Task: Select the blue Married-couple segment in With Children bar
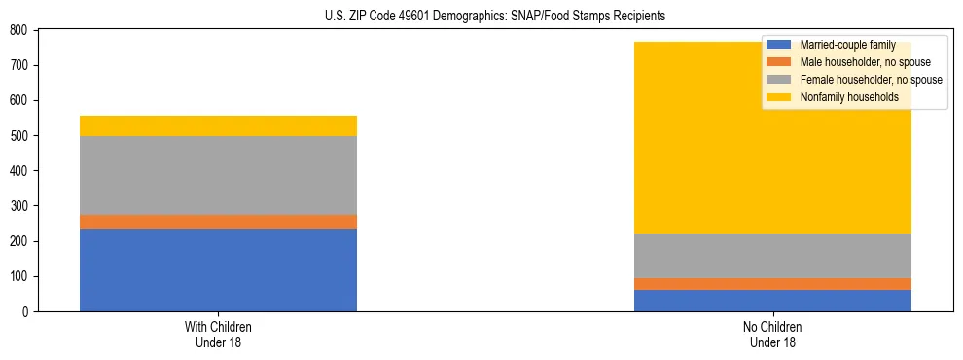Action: [x=218, y=270]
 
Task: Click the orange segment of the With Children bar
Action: [x=218, y=222]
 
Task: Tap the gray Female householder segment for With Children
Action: [x=218, y=175]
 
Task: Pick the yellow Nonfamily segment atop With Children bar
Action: [x=218, y=126]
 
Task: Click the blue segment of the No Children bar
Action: [x=772, y=301]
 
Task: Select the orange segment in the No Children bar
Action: [x=772, y=284]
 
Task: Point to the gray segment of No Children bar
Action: [x=772, y=256]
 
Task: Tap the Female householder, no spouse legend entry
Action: [x=870, y=80]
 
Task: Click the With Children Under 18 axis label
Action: [x=218, y=334]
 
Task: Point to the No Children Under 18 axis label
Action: [x=772, y=334]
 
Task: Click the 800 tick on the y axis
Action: [x=18, y=30]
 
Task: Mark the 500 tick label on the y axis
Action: [x=18, y=136]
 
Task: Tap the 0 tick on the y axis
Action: [x=23, y=311]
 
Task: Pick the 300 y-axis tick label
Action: [x=18, y=206]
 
